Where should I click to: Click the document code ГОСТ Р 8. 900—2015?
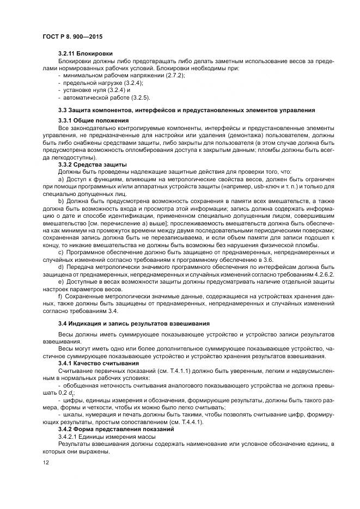(x=72, y=35)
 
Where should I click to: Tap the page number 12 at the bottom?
(x=45, y=463)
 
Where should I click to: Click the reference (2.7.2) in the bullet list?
(x=174, y=75)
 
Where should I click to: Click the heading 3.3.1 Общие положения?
(x=93, y=120)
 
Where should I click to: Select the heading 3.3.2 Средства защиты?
(x=92, y=164)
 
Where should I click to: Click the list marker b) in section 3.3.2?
(x=60, y=201)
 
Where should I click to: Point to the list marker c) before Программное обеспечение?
(x=60, y=252)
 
